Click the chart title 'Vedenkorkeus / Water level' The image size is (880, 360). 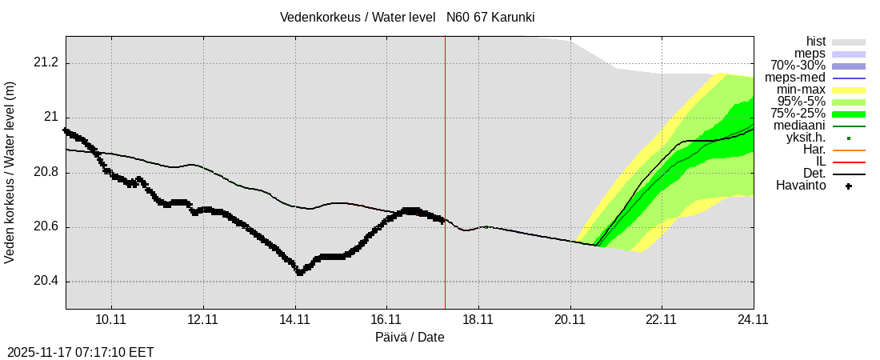[358, 17]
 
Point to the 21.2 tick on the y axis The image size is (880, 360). [46, 63]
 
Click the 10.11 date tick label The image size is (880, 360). [111, 320]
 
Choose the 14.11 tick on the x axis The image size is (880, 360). [294, 320]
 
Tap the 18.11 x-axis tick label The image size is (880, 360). [478, 320]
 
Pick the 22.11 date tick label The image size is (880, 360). [662, 320]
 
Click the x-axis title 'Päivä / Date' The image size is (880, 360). [410, 337]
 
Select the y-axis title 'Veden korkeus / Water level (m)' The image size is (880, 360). [10, 173]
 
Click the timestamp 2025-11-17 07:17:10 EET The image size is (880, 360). [81, 352]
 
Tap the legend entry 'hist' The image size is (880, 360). [816, 42]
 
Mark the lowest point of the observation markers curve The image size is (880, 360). [299, 273]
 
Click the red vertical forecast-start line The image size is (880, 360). [445, 160]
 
